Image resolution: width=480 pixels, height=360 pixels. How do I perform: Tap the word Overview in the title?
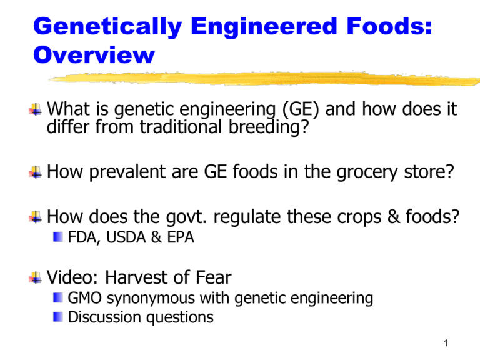pyautogui.click(x=92, y=56)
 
